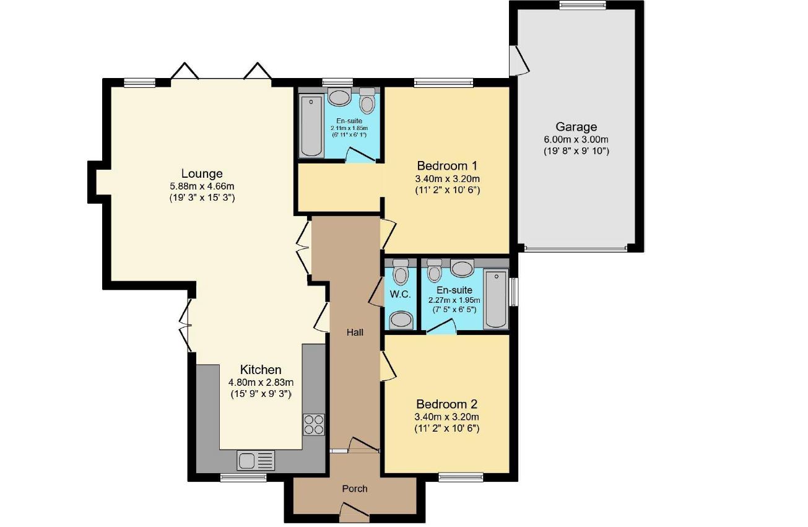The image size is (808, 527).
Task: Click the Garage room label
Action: [x=576, y=127]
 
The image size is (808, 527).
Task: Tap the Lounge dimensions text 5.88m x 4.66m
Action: [x=202, y=186]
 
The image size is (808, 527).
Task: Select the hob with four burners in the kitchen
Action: [x=313, y=425]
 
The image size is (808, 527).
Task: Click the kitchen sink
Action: [x=255, y=460]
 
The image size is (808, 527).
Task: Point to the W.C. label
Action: [x=401, y=294]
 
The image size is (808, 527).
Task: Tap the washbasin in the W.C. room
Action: [x=401, y=320]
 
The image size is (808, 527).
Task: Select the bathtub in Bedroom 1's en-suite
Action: [x=311, y=126]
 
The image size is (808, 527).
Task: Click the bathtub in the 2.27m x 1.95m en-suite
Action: [x=497, y=298]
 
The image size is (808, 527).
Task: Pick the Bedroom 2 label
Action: [x=447, y=404]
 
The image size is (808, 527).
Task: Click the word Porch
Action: [x=355, y=489]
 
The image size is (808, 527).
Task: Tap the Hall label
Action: [x=355, y=333]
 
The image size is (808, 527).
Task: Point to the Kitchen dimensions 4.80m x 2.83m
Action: [x=261, y=382]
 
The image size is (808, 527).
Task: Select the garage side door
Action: [x=519, y=61]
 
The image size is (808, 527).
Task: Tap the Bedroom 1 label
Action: [x=447, y=166]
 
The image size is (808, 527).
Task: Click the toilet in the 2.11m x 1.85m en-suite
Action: [x=367, y=100]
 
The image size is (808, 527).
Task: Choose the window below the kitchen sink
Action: [x=243, y=477]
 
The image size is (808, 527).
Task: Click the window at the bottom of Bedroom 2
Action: [x=461, y=477]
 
